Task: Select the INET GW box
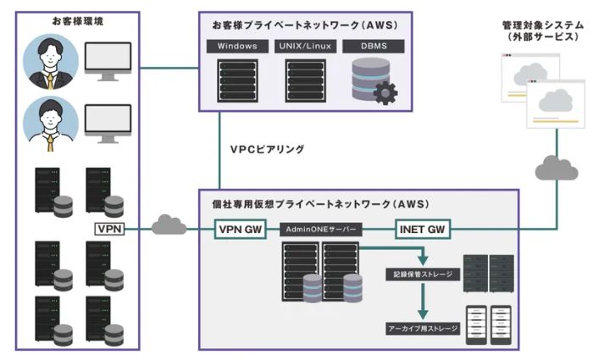coord(423,229)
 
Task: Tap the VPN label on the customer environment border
coord(110,229)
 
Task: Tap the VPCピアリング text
coord(267,149)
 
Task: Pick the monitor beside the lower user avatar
coord(108,124)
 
